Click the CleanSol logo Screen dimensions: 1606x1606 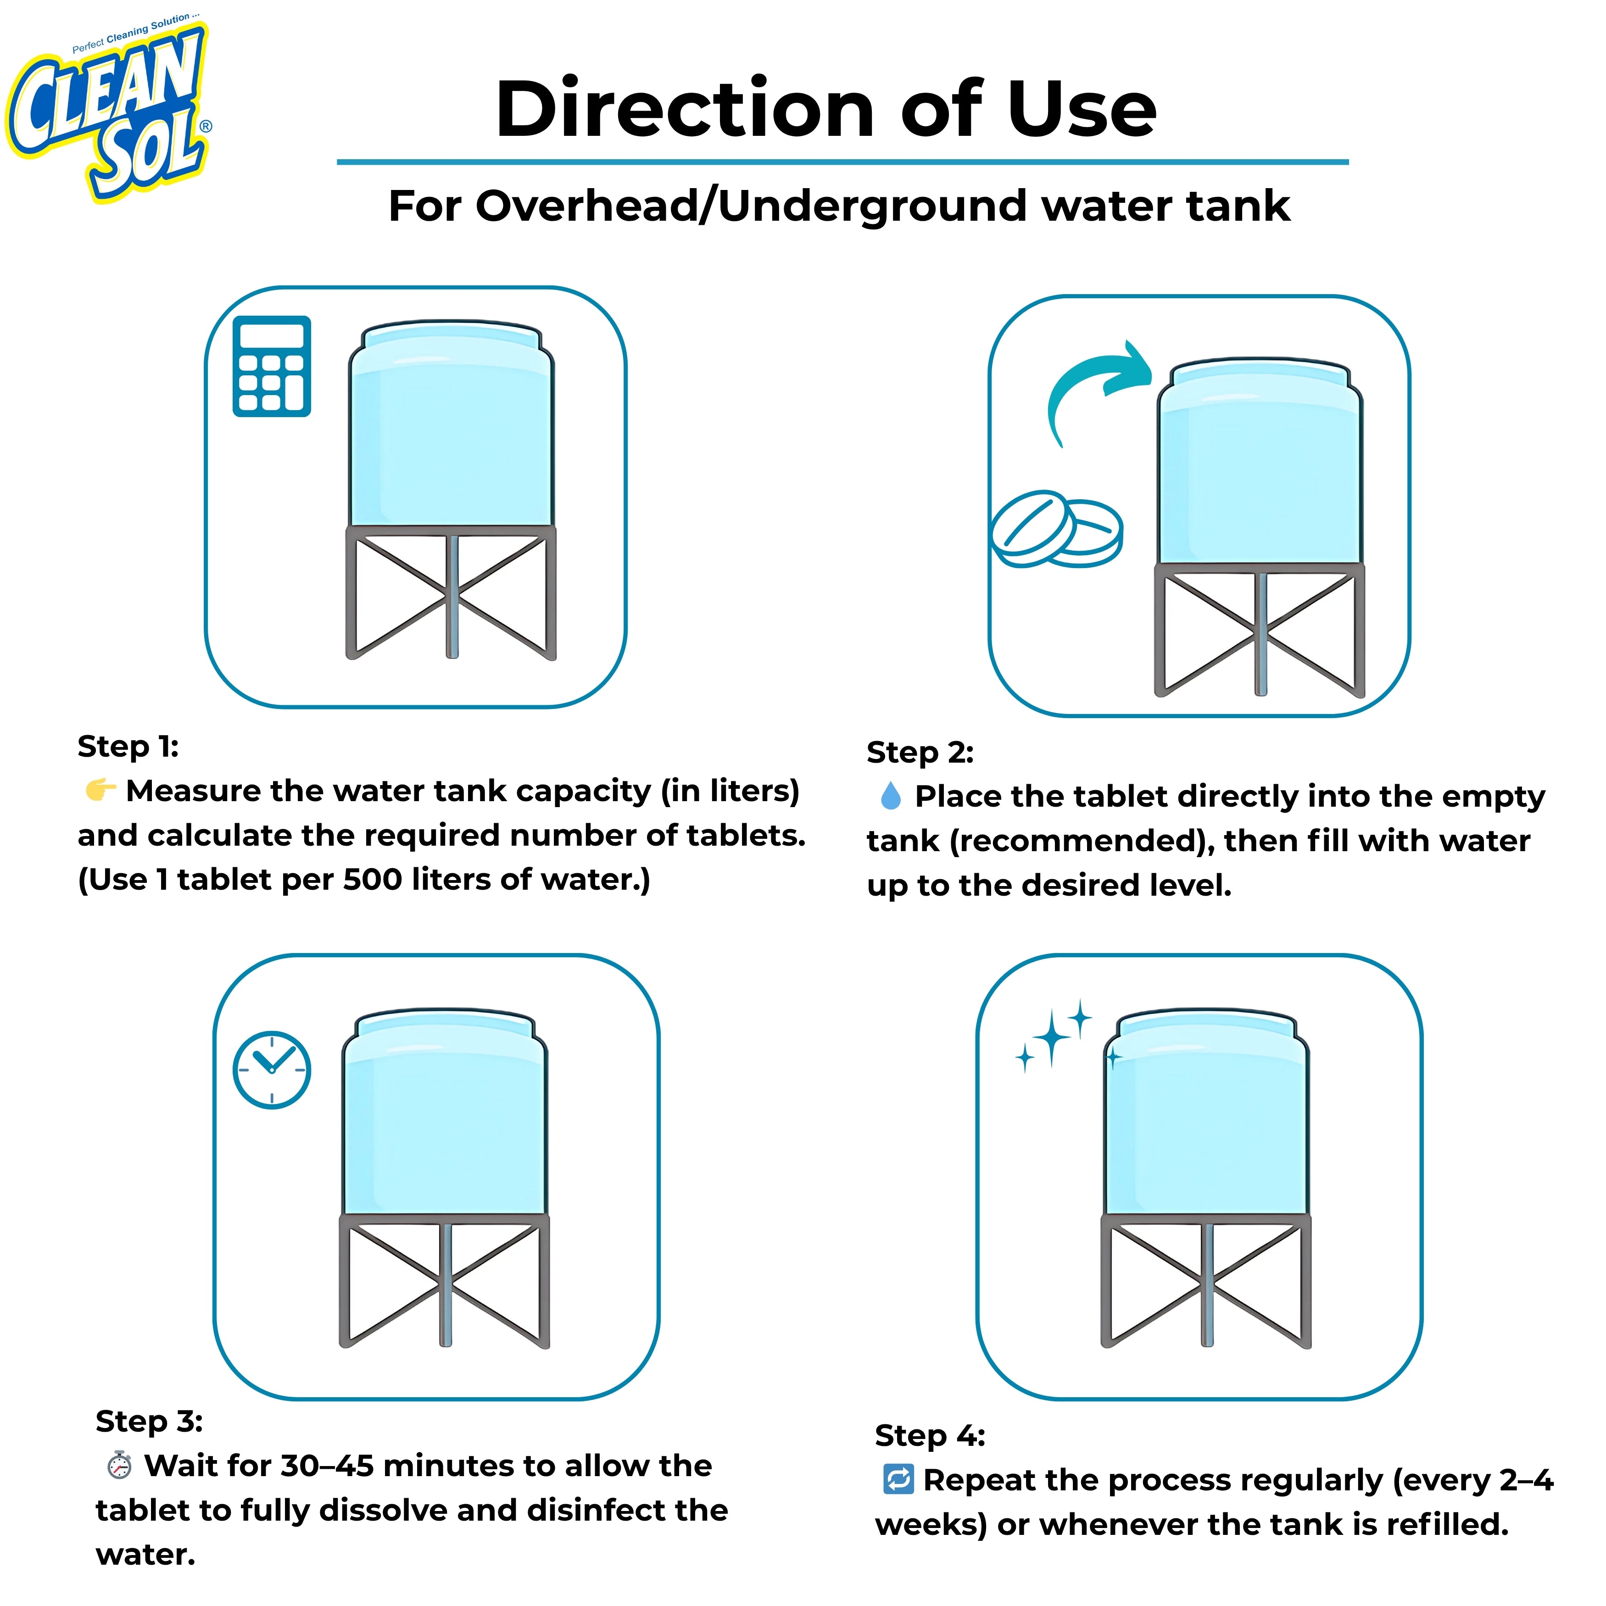click(x=108, y=108)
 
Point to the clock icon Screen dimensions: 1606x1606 click(x=272, y=1070)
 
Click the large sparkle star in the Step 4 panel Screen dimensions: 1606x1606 click(x=1052, y=1037)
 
